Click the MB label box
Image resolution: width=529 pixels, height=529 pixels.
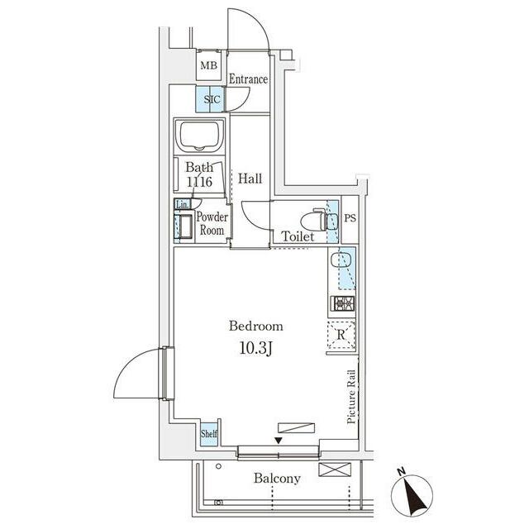[x=207, y=65]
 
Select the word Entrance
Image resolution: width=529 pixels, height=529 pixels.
[x=248, y=79]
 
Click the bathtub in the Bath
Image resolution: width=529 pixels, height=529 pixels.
[x=199, y=135]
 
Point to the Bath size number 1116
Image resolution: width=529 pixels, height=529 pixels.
[x=198, y=180]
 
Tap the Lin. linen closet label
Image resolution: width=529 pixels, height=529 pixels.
[x=182, y=204]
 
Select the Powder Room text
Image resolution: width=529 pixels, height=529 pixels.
[x=211, y=224]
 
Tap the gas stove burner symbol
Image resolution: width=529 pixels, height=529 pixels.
[x=344, y=303]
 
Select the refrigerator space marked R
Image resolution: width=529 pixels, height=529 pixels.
[x=342, y=335]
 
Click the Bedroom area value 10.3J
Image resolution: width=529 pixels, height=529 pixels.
[x=255, y=349]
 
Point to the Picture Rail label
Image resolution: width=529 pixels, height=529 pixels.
[x=352, y=397]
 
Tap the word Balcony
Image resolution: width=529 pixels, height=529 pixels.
[x=277, y=478]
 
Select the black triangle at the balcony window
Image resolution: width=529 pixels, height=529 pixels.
[x=279, y=441]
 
